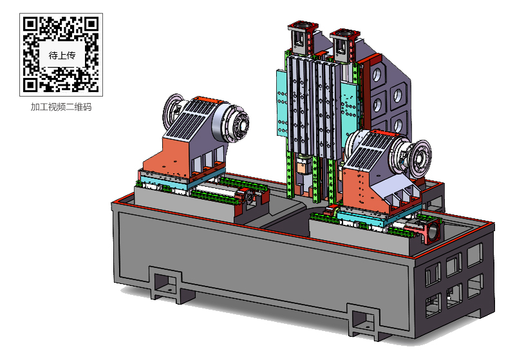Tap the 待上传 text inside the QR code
pyautogui.click(x=62, y=55)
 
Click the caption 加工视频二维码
pyautogui.click(x=61, y=107)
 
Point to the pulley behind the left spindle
pyautogui.click(x=173, y=109)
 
